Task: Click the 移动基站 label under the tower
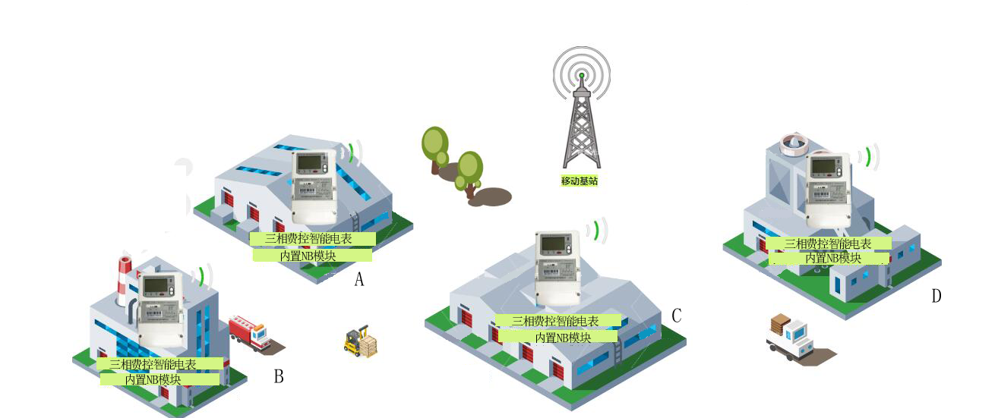click(580, 181)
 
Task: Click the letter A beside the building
click(359, 280)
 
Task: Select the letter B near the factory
click(279, 376)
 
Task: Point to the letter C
click(676, 316)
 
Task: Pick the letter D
click(936, 296)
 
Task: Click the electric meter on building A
click(314, 186)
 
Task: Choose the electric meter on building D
click(827, 189)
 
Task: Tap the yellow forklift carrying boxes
click(360, 342)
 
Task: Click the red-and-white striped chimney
click(125, 280)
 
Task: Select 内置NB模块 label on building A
click(312, 256)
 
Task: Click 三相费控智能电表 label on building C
click(557, 321)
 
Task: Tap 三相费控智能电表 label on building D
click(829, 244)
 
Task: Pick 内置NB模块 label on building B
click(159, 379)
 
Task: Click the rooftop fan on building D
click(794, 143)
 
